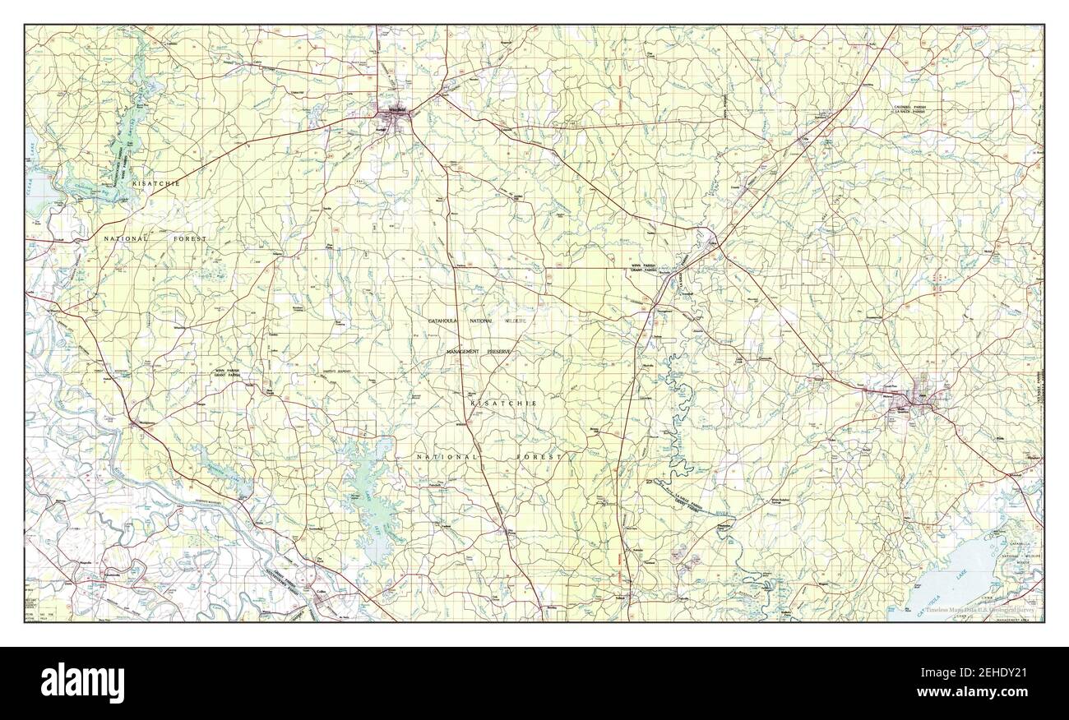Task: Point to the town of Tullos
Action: click(712, 240)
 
